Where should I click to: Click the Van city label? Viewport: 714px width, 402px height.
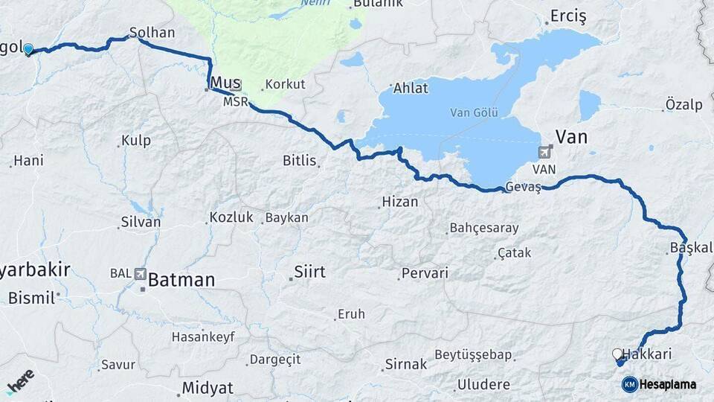(x=572, y=137)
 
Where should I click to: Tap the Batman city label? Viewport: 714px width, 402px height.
(x=181, y=281)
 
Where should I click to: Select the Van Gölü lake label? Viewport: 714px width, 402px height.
(x=473, y=113)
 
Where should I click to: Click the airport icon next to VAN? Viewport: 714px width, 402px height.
(x=547, y=152)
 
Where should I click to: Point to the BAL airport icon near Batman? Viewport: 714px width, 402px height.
(x=141, y=274)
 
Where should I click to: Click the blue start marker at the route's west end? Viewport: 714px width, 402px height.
(x=28, y=50)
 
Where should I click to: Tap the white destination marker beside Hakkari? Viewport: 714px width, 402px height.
(x=617, y=354)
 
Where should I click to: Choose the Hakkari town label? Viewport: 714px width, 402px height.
(x=647, y=354)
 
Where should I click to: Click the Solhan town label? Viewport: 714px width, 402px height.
(x=152, y=33)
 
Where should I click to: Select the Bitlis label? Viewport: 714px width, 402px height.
(x=300, y=160)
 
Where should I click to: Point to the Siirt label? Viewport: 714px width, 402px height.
(x=309, y=272)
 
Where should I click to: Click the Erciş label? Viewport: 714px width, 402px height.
(x=568, y=16)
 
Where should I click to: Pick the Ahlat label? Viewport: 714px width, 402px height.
(x=410, y=89)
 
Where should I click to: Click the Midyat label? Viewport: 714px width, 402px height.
(x=208, y=388)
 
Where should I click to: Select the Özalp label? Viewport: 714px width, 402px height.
(x=684, y=105)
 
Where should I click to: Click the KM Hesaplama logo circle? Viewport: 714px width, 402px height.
(x=630, y=384)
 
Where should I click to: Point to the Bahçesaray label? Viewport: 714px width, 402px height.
(x=484, y=229)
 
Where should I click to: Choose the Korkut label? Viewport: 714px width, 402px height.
(x=285, y=84)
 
